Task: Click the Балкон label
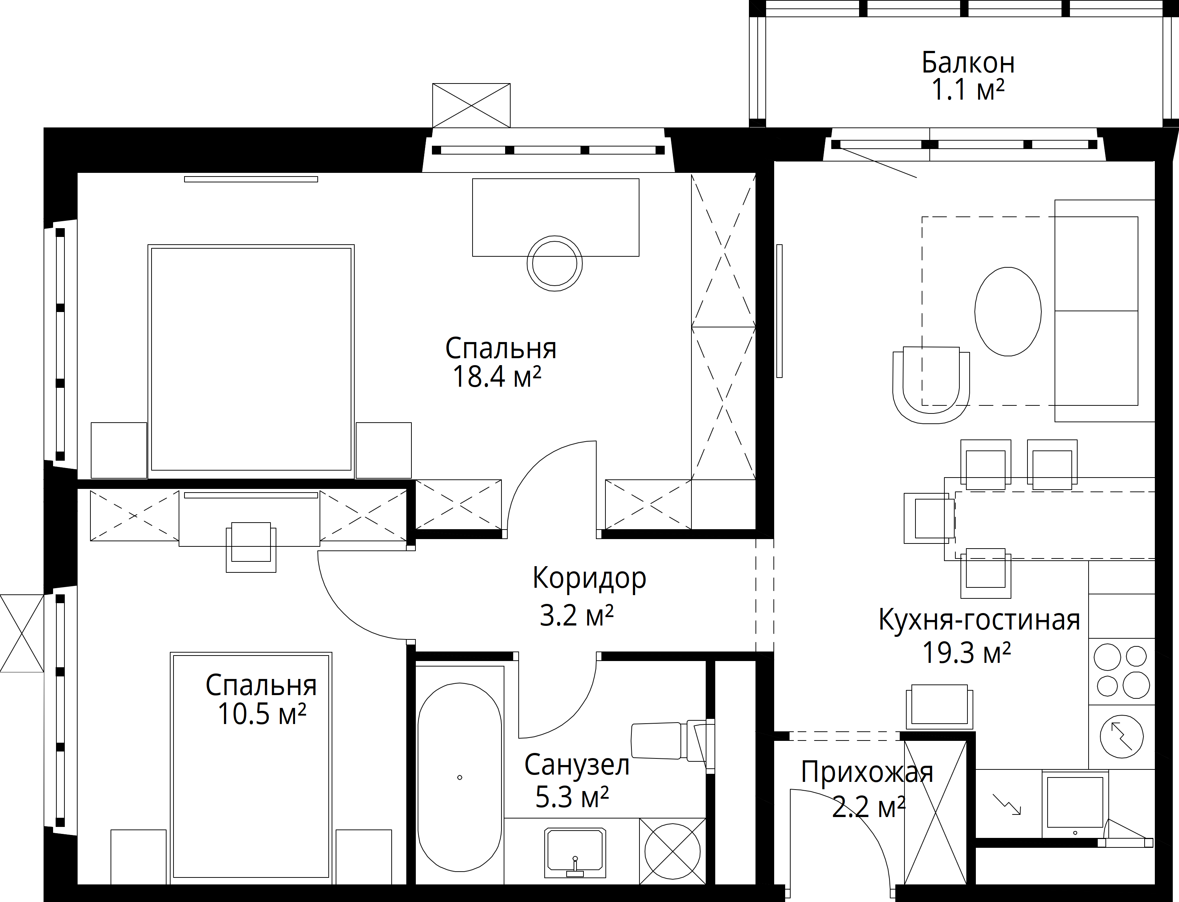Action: [x=968, y=63]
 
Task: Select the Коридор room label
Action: [x=589, y=579]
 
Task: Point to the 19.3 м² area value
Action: [x=966, y=653]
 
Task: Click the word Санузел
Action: [x=577, y=765]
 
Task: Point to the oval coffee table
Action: [x=1008, y=311]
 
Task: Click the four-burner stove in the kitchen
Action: [x=1122, y=671]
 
